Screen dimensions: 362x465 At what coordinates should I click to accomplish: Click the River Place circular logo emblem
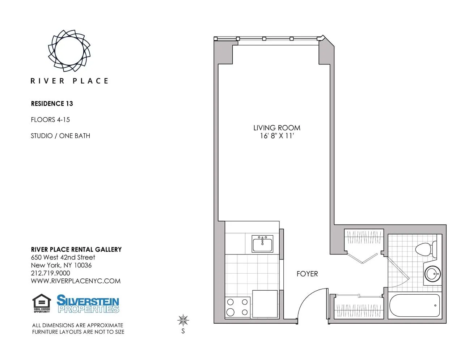[x=69, y=51]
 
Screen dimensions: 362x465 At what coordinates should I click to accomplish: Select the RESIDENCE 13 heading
[x=52, y=104]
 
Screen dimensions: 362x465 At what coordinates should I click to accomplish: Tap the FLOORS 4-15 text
[x=50, y=120]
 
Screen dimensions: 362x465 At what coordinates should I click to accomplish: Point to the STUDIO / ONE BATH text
[x=60, y=136]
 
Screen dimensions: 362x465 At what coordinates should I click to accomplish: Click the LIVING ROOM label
[x=276, y=128]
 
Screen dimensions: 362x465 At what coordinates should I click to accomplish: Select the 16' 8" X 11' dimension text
[x=276, y=136]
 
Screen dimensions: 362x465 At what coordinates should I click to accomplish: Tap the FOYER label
[x=307, y=274]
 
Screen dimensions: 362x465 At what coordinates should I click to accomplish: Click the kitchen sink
[x=263, y=244]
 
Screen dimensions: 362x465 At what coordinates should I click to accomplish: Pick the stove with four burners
[x=237, y=307]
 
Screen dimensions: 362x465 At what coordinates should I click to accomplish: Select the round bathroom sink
[x=432, y=274]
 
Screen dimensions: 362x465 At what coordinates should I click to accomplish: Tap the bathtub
[x=415, y=306]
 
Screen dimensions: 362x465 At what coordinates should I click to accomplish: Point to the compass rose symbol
[x=183, y=320]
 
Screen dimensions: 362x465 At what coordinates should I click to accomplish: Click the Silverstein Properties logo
[x=88, y=304]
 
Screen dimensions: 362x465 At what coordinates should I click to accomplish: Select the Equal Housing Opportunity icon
[x=42, y=303]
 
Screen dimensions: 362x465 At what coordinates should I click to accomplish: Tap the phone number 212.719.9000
[x=50, y=273]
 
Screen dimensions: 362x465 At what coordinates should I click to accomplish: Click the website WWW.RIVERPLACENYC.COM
[x=76, y=281]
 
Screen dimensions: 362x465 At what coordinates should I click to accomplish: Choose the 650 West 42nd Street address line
[x=63, y=257]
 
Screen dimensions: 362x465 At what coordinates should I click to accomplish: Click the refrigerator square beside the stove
[x=265, y=303]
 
